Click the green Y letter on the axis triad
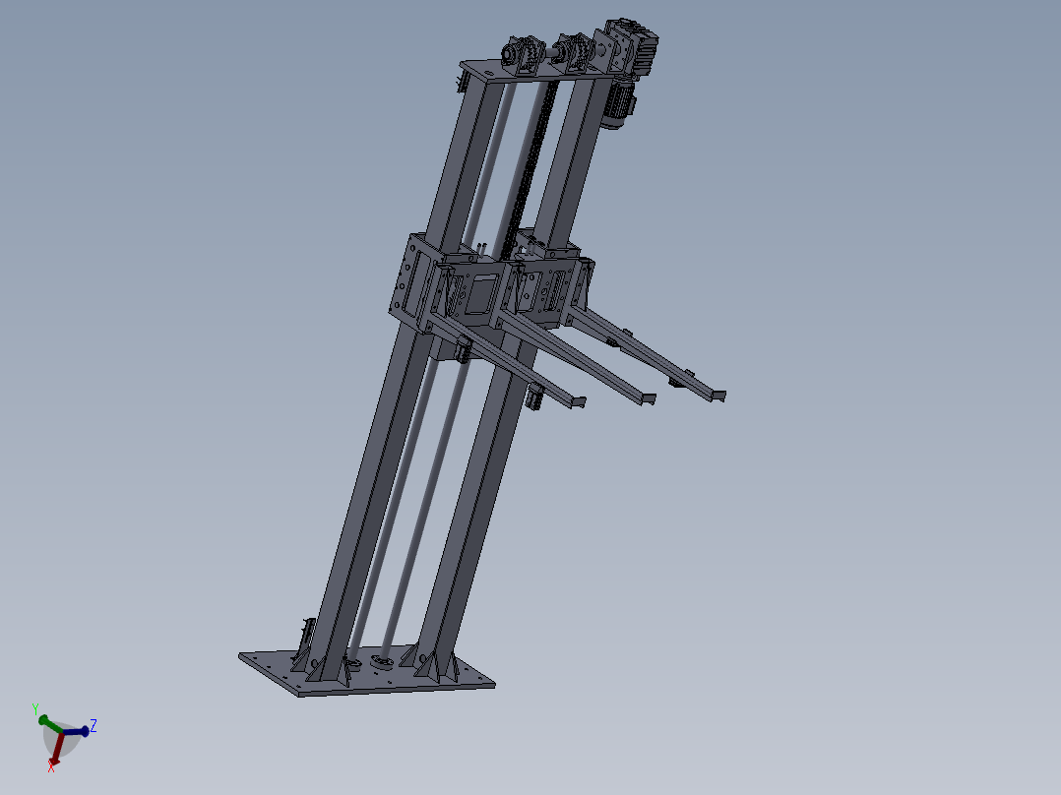coord(35,709)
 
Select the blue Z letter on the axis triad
coord(94,726)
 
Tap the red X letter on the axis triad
coord(51,766)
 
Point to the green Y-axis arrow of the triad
coord(45,721)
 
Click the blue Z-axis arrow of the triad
coord(80,731)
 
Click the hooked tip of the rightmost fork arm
coord(718,396)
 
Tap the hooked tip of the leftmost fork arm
coord(577,402)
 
